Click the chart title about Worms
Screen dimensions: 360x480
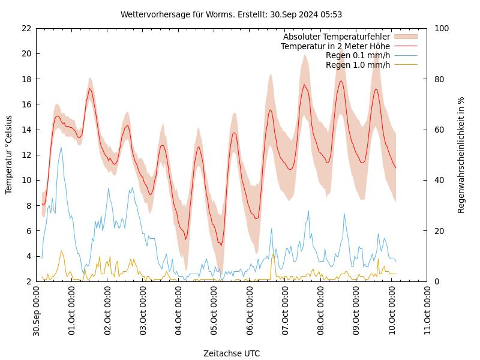pos(231,14)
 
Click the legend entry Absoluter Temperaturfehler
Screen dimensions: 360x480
pos(337,37)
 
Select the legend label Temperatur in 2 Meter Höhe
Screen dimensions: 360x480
pos(335,46)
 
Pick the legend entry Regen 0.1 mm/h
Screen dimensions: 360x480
pos(358,55)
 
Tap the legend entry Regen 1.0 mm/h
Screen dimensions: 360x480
pos(358,65)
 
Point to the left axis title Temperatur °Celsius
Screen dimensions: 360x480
pos(9,154)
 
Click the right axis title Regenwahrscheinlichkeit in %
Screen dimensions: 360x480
pos(461,155)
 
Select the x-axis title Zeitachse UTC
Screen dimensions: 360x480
pos(232,353)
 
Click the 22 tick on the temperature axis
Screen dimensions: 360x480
pos(26,28)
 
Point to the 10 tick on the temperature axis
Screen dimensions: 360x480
pos(26,180)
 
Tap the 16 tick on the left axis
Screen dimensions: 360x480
pos(26,104)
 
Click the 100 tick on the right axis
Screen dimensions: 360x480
pos(442,28)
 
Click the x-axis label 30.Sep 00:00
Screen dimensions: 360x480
pos(37,311)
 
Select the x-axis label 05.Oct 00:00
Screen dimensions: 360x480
pos(214,311)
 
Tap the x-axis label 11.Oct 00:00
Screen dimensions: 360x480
pos(428,311)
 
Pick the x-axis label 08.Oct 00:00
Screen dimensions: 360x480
pos(321,311)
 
